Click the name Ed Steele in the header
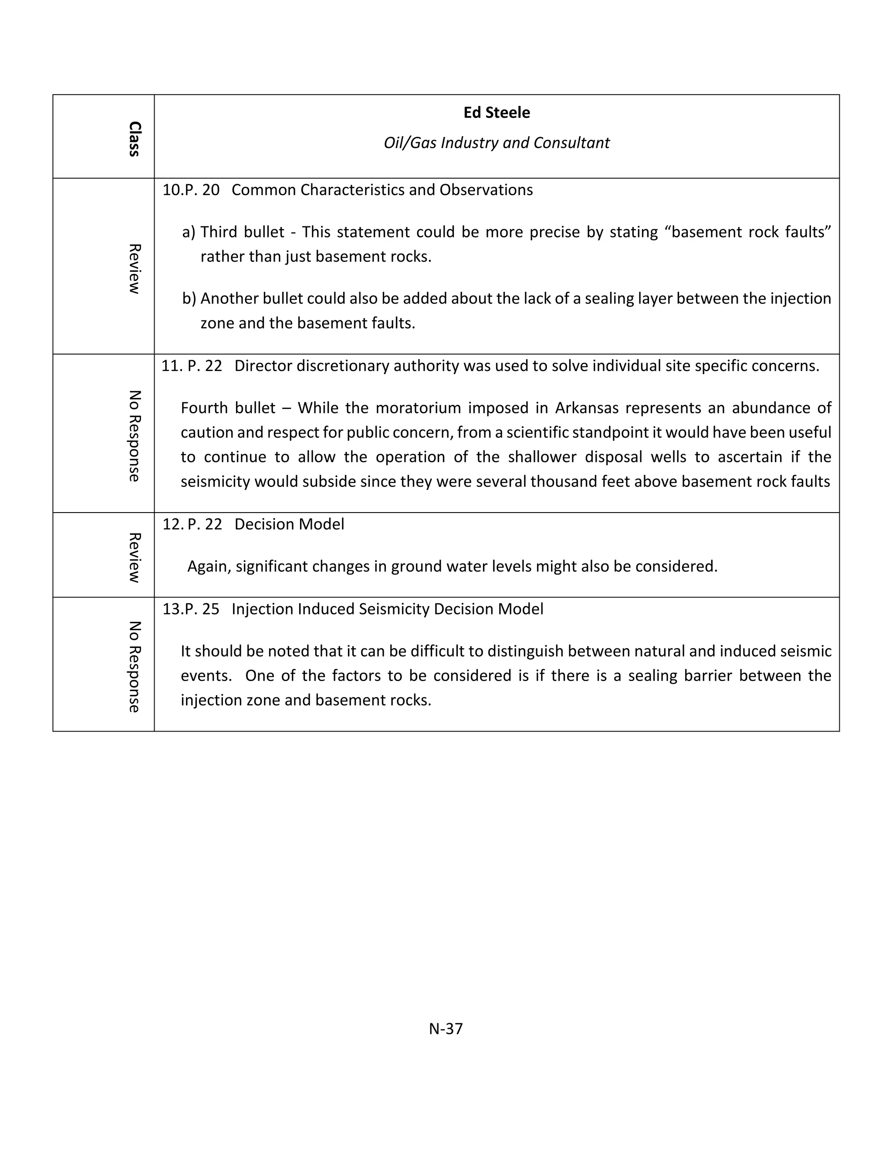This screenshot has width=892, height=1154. (x=496, y=112)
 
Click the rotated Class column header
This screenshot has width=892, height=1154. (x=134, y=139)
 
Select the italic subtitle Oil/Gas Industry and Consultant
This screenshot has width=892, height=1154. (x=496, y=143)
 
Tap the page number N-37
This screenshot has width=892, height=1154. (x=446, y=1028)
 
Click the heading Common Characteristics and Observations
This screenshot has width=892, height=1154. (x=382, y=190)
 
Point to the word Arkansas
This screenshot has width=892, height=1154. (x=587, y=408)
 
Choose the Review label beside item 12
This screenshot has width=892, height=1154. (x=134, y=557)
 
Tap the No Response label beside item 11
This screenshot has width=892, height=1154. (x=134, y=436)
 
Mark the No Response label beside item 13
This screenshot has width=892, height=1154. (x=134, y=666)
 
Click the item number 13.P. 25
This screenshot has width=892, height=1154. (x=191, y=609)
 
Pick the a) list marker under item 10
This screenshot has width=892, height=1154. (x=189, y=232)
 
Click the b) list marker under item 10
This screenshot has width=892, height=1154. (x=189, y=299)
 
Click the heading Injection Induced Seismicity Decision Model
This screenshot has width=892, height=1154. (x=387, y=609)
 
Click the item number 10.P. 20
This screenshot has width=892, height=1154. (x=191, y=190)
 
